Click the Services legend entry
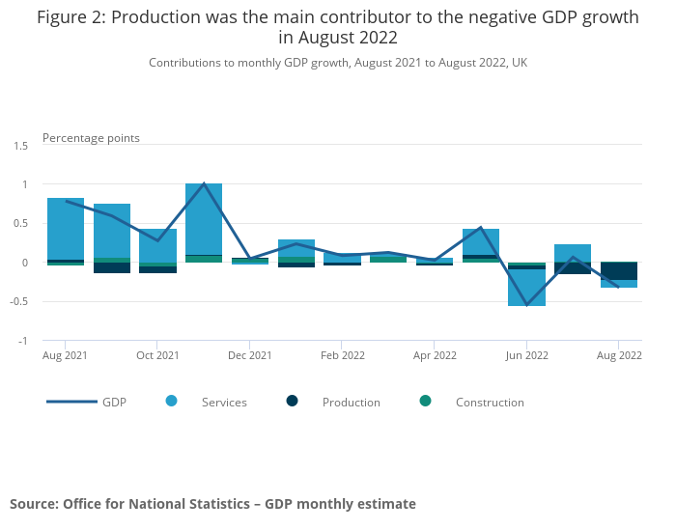point(223,403)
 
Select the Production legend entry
point(351,403)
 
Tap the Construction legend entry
point(489,403)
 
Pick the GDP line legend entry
point(114,403)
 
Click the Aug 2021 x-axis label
point(65,355)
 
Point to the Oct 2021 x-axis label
point(157,355)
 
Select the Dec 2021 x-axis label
point(249,355)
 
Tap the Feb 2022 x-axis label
point(342,355)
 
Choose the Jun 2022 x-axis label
point(526,355)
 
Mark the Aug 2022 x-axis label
point(618,355)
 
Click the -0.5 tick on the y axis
point(19,302)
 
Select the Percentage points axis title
point(91,138)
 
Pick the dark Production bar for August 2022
point(618,271)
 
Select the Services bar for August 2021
point(65,229)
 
